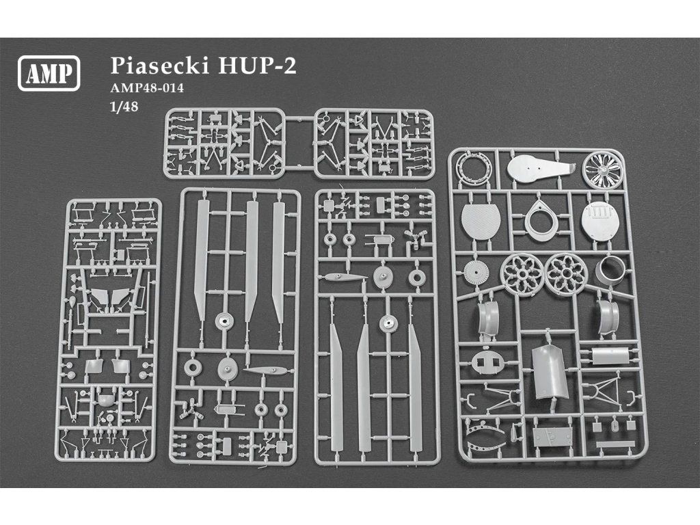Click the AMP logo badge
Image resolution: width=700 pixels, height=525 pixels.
pyautogui.click(x=51, y=71)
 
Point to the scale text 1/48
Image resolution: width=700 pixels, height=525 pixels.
pyautogui.click(x=120, y=107)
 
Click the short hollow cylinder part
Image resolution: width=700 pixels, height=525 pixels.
pyautogui.click(x=610, y=273)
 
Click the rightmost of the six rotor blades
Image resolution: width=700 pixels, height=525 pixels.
pyautogui.click(x=415, y=386)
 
